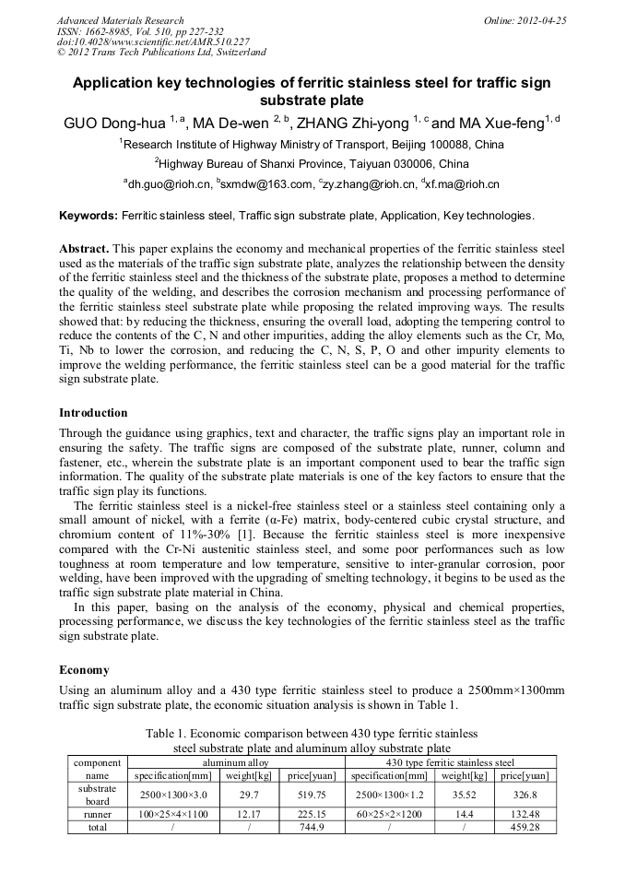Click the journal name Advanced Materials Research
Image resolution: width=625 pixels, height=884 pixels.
point(120,20)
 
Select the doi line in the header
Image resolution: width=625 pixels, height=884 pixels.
point(153,41)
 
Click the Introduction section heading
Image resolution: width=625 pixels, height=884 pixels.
point(93,412)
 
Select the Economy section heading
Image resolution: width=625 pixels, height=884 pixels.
point(84,669)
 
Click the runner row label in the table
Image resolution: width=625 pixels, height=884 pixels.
point(97,814)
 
